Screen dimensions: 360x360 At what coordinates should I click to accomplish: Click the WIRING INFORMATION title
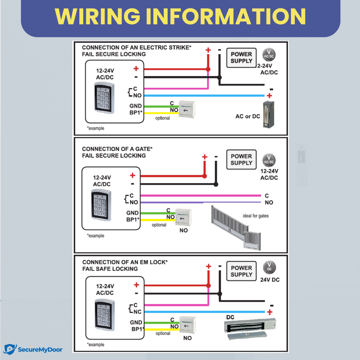pos(180,16)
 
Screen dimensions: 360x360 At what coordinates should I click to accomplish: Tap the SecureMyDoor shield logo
pos(10,349)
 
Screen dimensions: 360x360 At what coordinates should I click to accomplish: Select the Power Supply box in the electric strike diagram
pos(241,58)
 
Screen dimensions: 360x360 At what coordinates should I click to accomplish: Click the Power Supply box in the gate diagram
pos(241,160)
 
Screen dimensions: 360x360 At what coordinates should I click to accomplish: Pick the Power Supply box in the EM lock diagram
pos(241,271)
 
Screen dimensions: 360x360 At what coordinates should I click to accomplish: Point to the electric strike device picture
pos(268,115)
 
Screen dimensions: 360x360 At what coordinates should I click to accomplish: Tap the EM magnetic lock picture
pos(250,328)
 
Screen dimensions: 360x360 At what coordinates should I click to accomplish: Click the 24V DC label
pos(270,280)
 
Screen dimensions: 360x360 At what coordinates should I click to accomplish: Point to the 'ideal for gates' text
pos(256,216)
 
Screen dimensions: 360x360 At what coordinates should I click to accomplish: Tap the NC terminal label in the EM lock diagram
pos(137,312)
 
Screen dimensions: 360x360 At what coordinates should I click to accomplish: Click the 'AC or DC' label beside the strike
pos(247,116)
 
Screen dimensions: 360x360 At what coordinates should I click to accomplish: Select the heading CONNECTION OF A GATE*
pos(117,149)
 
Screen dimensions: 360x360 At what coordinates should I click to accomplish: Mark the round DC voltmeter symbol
pos(269,267)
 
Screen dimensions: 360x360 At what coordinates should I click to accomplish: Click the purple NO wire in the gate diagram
pos(201,202)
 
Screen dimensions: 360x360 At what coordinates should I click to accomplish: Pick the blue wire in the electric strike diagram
pos(204,96)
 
